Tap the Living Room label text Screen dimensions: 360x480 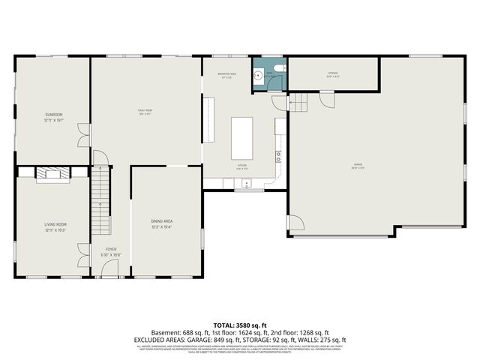pos(55,226)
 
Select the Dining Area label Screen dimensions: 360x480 pos(163,223)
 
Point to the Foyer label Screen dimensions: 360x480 pos(111,252)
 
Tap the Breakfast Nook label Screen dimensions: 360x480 pos(227,74)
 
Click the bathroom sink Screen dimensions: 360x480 pos(257,75)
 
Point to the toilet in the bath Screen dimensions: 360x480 pos(278,68)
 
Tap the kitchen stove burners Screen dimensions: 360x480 pos(278,157)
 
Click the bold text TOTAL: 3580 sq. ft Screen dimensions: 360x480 pos(239,325)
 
